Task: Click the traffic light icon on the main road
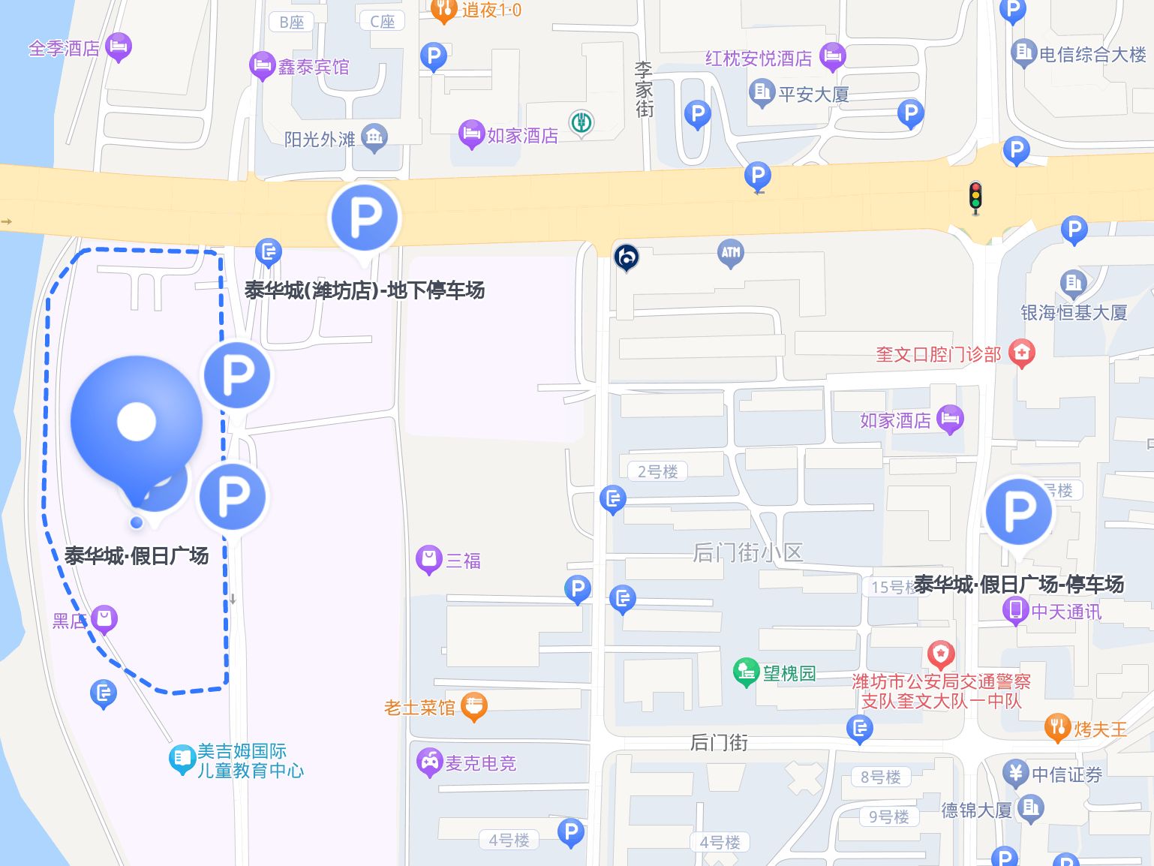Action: pyautogui.click(x=975, y=197)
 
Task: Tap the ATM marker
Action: pyautogui.click(x=730, y=253)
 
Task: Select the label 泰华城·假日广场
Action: pyautogui.click(x=137, y=556)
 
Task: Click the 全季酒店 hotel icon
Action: pyautogui.click(x=119, y=47)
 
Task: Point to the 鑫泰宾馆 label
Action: pyautogui.click(x=313, y=68)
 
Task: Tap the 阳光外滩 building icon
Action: pyautogui.click(x=374, y=137)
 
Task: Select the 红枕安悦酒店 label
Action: pyautogui.click(x=759, y=59)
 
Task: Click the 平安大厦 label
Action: pyautogui.click(x=813, y=95)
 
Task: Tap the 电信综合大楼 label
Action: pyautogui.click(x=1092, y=54)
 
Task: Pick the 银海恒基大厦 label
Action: pyautogui.click(x=1074, y=312)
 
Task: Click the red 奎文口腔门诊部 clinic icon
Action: pyautogui.click(x=1021, y=352)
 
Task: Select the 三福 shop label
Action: pyautogui.click(x=463, y=561)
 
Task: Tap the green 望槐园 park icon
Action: pyautogui.click(x=745, y=672)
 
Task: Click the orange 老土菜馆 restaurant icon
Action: pyautogui.click(x=473, y=705)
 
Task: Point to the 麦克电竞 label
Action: pyautogui.click(x=480, y=763)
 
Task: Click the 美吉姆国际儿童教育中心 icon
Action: pyautogui.click(x=182, y=759)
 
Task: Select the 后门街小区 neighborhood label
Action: pyautogui.click(x=747, y=553)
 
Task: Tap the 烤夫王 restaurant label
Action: pyautogui.click(x=1100, y=729)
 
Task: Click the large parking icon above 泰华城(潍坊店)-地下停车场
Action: pyautogui.click(x=365, y=218)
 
